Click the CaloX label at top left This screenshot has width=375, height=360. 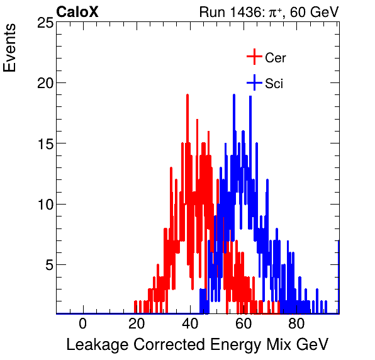77,12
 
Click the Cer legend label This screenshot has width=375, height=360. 276,58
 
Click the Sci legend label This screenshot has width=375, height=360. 274,84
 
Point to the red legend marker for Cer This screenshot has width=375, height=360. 254,57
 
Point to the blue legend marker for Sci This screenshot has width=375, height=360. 254,83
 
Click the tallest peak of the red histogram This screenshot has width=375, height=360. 187,96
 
